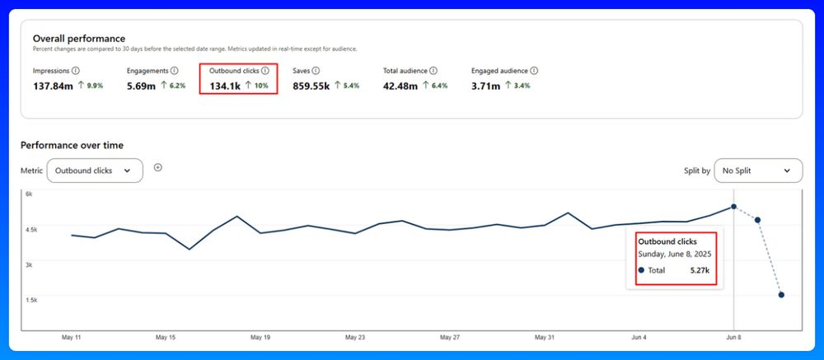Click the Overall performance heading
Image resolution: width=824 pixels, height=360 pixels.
click(x=79, y=38)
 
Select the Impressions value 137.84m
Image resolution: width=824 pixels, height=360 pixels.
click(x=53, y=85)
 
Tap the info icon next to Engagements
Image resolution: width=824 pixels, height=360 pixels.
click(x=174, y=71)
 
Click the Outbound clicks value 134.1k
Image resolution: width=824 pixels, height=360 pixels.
click(x=224, y=85)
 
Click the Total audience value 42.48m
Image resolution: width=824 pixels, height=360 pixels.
click(x=401, y=85)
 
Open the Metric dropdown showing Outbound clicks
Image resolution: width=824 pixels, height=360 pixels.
click(x=94, y=171)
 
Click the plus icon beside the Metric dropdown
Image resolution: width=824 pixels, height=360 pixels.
click(x=158, y=167)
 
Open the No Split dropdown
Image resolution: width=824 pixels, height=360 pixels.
click(x=757, y=171)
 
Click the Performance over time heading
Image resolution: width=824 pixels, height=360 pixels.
click(x=72, y=145)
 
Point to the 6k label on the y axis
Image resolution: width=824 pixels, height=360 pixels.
click(x=28, y=194)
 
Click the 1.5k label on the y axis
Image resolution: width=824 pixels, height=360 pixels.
click(x=30, y=300)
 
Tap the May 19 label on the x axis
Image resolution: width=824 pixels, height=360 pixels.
click(x=260, y=337)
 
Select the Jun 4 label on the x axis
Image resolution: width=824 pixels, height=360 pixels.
click(x=639, y=337)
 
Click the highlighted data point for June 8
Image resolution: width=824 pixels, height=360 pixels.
click(x=733, y=207)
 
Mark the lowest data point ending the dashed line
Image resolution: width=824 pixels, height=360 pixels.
click(x=781, y=295)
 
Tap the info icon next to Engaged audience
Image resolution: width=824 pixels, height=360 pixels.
click(x=534, y=71)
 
